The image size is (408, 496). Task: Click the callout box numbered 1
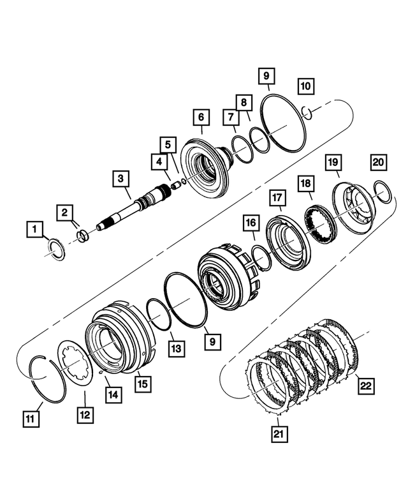pyautogui.click(x=36, y=228)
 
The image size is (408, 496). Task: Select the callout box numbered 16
pyautogui.click(x=251, y=223)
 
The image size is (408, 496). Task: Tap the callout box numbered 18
pyautogui.click(x=306, y=183)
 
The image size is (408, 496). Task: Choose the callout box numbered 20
pyautogui.click(x=379, y=163)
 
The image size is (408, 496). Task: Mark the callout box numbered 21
pyautogui.click(x=279, y=434)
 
